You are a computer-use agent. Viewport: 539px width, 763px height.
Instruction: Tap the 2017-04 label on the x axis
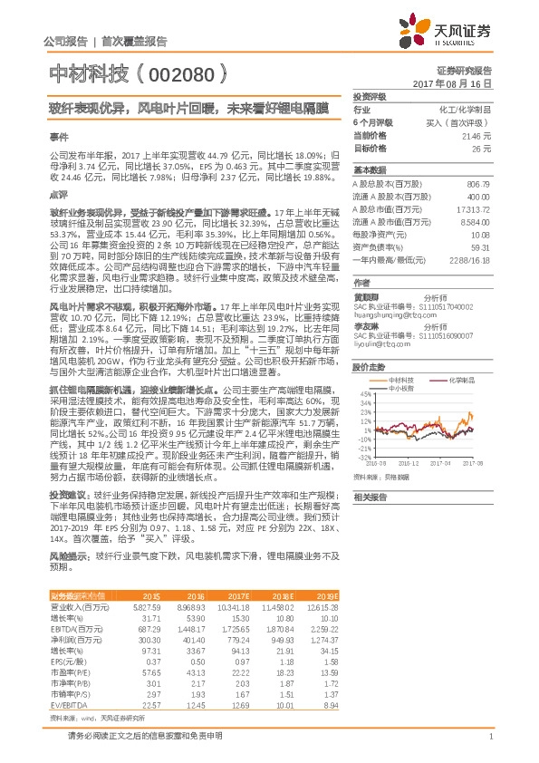click(x=448, y=461)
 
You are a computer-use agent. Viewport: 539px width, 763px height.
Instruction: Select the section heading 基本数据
click(x=370, y=170)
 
